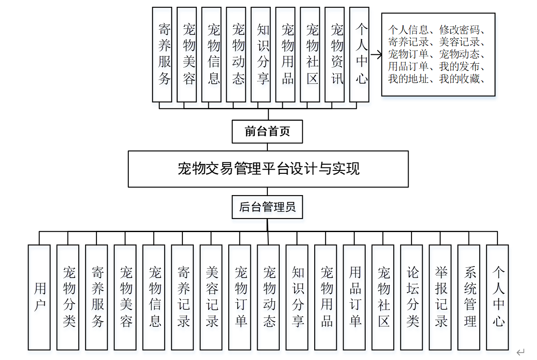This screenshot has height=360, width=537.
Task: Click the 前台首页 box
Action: tap(267, 132)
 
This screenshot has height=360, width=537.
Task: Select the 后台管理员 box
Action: tap(267, 207)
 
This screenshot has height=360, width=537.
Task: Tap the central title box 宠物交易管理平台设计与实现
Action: tap(268, 169)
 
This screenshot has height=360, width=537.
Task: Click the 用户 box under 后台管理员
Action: tap(39, 297)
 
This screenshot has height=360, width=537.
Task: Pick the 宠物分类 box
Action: tap(68, 297)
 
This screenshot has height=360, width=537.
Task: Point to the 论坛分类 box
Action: tap(412, 297)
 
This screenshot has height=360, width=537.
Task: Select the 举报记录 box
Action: tap(440, 297)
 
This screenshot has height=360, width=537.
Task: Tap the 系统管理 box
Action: tap(469, 297)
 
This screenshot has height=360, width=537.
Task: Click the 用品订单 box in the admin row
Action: tap(355, 297)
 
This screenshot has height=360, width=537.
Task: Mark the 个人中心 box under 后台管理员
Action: tap(498, 297)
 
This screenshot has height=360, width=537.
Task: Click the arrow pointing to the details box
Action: tap(375, 54)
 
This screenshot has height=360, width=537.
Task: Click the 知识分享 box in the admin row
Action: tap(297, 297)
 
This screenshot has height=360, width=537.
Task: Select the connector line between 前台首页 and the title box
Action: tap(267, 147)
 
